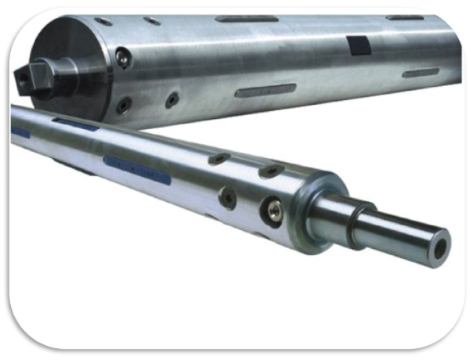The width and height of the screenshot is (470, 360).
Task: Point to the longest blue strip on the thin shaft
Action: coord(136,169)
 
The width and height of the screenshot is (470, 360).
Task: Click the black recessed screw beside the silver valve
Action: coord(228,197)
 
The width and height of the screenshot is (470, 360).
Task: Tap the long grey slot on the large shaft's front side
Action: coord(266,90)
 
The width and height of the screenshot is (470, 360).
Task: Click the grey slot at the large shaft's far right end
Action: coord(421,73)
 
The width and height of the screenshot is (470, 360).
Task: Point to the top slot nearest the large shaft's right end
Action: coord(404,17)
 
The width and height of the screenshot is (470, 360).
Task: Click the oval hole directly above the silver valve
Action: coord(271,171)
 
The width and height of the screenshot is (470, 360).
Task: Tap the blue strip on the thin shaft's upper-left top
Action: coord(75,124)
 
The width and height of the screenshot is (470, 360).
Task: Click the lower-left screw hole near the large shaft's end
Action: coord(123,104)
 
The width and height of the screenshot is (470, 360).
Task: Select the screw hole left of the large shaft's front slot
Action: coord(172,99)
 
